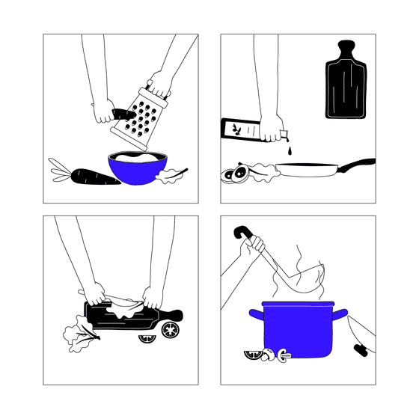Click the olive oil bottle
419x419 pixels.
point(250,129)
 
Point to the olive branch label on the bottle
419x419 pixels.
point(237,128)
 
